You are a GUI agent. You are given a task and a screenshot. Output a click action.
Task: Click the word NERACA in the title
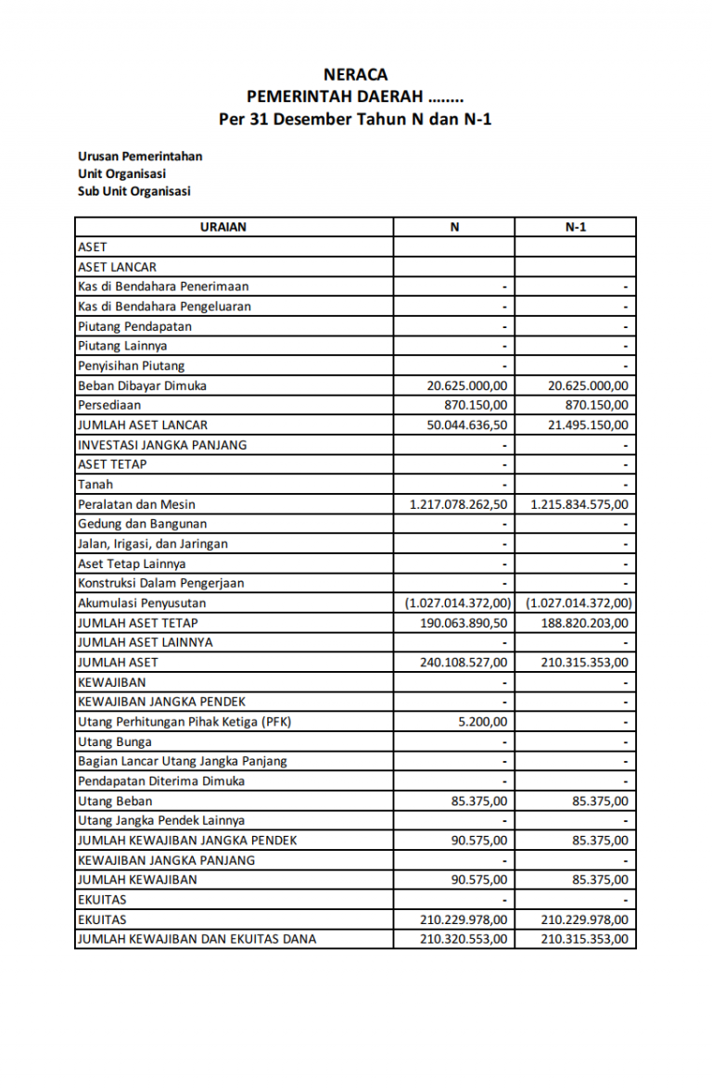click(x=355, y=74)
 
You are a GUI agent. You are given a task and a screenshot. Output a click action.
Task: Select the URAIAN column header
click(x=223, y=227)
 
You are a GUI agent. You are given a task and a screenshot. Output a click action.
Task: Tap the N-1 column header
click(x=575, y=227)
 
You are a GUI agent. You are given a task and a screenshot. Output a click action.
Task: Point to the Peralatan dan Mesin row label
click(x=136, y=504)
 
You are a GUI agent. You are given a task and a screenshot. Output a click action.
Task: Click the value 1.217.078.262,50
click(x=459, y=504)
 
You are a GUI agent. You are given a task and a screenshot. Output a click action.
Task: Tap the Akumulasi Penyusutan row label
click(x=142, y=603)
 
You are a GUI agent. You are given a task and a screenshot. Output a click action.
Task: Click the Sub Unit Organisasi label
click(x=133, y=191)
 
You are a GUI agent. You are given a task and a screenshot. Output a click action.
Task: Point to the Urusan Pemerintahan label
click(x=140, y=156)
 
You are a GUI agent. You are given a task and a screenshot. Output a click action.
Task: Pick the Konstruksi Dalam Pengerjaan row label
click(x=161, y=583)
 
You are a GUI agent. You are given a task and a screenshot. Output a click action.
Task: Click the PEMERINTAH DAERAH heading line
click(x=355, y=96)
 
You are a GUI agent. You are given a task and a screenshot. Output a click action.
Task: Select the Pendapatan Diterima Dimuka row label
click(x=161, y=780)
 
